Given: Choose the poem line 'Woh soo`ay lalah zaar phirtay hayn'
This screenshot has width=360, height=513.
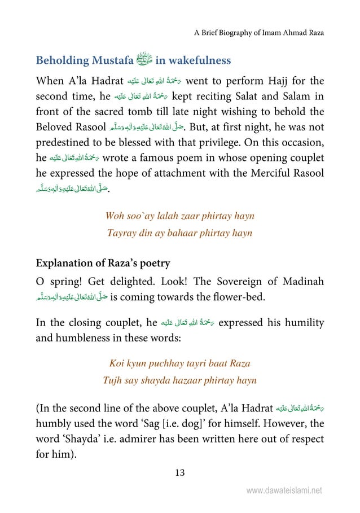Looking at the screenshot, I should click(x=179, y=216).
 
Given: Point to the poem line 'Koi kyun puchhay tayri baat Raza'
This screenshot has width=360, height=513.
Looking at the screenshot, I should click(x=179, y=363).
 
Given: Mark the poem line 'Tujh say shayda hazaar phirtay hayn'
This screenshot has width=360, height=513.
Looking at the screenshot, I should click(x=179, y=380).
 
